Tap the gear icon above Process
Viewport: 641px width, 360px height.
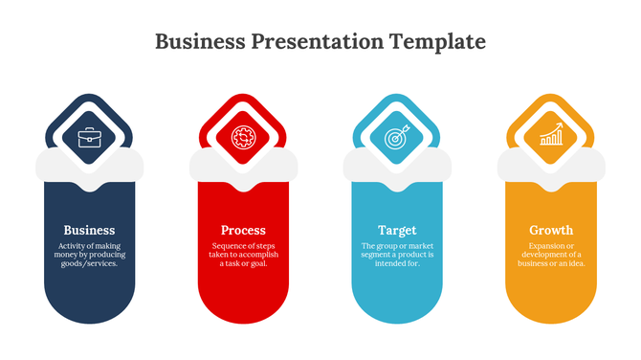[243, 138]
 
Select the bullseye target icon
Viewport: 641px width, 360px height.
[397, 138]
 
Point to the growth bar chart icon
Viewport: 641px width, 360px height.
[551, 138]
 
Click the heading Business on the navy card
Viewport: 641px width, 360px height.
[89, 230]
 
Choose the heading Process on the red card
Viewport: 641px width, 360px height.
[243, 230]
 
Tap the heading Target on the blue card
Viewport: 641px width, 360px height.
[397, 230]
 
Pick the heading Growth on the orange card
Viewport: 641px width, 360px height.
[551, 230]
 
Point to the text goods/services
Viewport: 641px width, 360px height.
[89, 263]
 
